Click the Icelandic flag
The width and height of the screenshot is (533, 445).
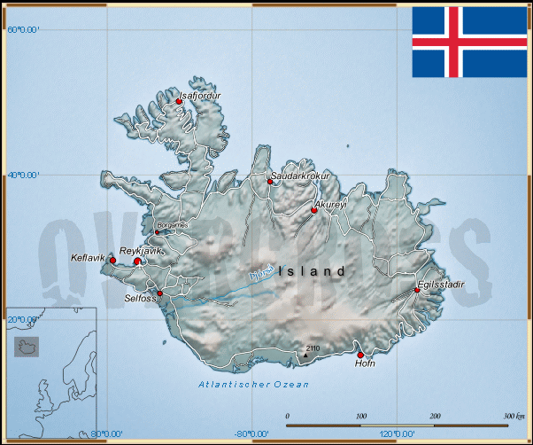pyautogui.click(x=469, y=42)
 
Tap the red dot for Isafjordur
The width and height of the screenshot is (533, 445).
pyautogui.click(x=179, y=102)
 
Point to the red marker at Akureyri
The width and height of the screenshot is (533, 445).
pyautogui.click(x=313, y=210)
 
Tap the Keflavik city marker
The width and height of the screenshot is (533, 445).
pyautogui.click(x=112, y=261)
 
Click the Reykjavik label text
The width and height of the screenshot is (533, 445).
pyautogui.click(x=141, y=252)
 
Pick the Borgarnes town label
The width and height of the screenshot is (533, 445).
pyautogui.click(x=172, y=225)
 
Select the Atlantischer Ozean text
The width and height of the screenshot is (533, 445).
pyautogui.click(x=253, y=385)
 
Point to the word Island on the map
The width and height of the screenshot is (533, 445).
pyautogui.click(x=311, y=271)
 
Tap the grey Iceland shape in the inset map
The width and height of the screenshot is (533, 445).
pyautogui.click(x=27, y=347)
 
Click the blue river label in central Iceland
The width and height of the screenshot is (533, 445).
pyautogui.click(x=262, y=275)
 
